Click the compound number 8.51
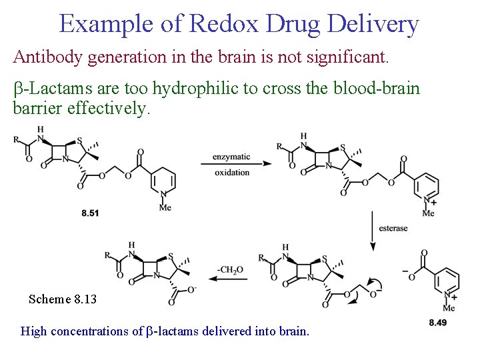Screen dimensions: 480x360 [90, 213]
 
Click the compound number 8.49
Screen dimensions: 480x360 [438, 323]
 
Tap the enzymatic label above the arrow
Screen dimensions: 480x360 [231, 157]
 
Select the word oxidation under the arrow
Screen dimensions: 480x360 [232, 173]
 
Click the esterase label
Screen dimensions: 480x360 [393, 228]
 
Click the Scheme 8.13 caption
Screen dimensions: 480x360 [63, 299]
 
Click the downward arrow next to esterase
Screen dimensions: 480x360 [373, 231]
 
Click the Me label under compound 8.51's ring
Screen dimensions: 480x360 [165, 207]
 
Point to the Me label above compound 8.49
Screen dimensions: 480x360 [449, 308]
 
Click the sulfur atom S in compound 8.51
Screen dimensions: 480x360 [79, 140]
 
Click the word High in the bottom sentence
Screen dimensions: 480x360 [33, 331]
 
